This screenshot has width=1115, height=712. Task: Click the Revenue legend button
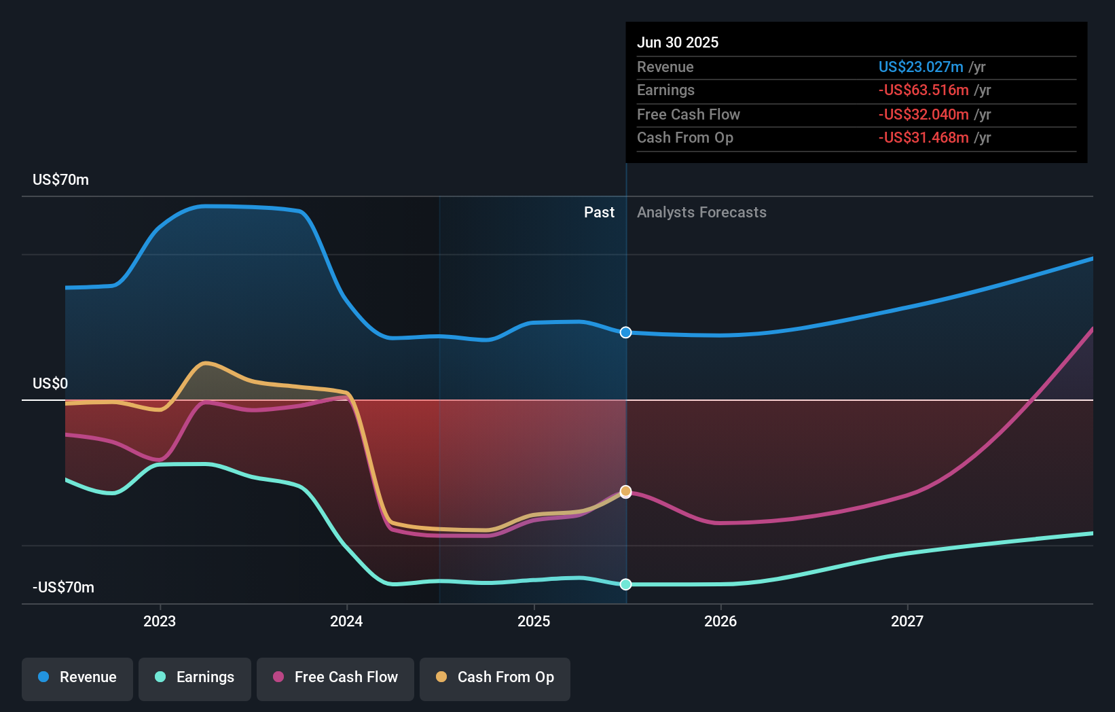[x=77, y=677]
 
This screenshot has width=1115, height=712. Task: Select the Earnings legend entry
[x=195, y=677]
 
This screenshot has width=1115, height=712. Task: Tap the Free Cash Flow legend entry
[x=335, y=677]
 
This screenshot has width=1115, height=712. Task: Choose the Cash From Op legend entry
[x=495, y=677]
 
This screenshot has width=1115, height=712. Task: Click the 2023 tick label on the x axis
[x=160, y=621]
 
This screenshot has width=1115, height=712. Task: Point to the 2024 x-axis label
[x=346, y=621]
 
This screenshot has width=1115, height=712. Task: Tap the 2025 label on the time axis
[x=534, y=621]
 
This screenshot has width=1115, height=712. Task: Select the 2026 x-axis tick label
[x=720, y=621]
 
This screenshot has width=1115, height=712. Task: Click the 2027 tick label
[x=907, y=621]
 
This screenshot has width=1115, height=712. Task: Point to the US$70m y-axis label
[x=60, y=180]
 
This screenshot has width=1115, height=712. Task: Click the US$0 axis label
[x=50, y=384]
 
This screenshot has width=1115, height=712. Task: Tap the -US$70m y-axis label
[x=63, y=588]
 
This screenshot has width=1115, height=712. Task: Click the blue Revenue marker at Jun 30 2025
[x=626, y=332]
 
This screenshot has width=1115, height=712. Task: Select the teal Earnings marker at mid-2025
[x=626, y=584]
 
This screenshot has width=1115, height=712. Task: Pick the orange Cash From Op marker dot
[x=626, y=491]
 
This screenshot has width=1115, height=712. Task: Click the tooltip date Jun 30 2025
[x=678, y=43]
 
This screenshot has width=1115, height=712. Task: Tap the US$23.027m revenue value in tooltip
[x=921, y=67]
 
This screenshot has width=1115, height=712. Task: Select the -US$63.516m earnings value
[x=924, y=90]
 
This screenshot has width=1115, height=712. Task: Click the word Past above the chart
[x=599, y=213]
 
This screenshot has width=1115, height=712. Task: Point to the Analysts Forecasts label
[x=701, y=213]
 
